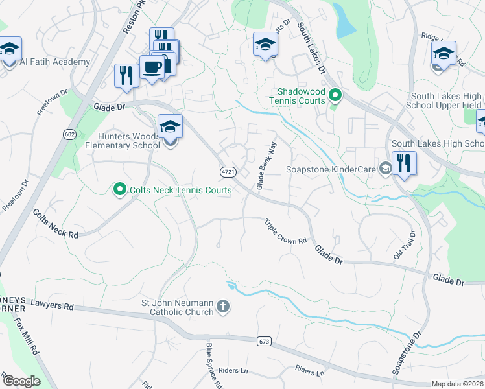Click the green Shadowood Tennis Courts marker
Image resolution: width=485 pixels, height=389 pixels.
[335, 97]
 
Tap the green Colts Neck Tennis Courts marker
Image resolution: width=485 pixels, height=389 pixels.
[119, 190]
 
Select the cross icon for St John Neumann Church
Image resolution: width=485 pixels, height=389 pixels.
[222, 306]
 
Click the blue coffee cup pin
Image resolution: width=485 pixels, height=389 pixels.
[152, 68]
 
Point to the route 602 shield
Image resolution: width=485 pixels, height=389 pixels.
[69, 134]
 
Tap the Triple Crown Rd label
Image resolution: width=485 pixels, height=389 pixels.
[285, 231]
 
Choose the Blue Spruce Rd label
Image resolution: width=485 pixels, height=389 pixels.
[214, 366]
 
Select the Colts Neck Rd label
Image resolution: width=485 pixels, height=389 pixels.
[56, 224]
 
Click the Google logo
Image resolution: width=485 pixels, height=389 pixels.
[22, 381]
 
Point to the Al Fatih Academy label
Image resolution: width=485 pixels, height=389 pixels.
[55, 62]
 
